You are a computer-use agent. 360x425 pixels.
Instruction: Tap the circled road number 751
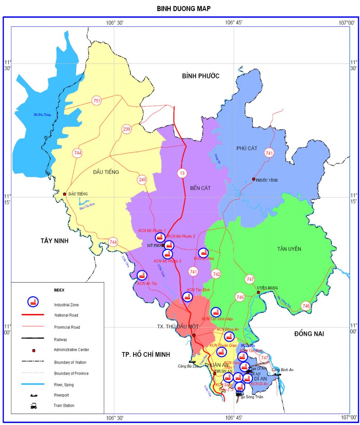[x=97, y=101]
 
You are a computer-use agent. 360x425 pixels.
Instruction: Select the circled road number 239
[x=127, y=129]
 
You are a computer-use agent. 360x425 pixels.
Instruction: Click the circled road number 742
[x=216, y=274]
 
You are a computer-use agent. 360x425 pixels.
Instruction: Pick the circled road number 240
[x=143, y=180]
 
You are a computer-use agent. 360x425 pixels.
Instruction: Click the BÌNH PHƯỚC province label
[x=201, y=76]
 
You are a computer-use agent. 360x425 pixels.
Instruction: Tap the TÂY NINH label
[x=55, y=241]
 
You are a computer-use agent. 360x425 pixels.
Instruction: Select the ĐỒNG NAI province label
[x=309, y=334]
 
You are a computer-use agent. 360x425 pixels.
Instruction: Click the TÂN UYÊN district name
[x=289, y=249]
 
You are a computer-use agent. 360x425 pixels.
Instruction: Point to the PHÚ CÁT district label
[x=247, y=148]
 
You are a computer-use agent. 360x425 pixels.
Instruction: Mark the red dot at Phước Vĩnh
[x=254, y=179]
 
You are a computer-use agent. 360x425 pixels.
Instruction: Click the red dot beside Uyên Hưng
[x=258, y=292]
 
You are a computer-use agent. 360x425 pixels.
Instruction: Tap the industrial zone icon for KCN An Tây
[x=141, y=276]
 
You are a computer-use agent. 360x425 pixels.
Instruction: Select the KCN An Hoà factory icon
[x=203, y=253]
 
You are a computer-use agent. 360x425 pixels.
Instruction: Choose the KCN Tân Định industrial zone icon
[x=188, y=297]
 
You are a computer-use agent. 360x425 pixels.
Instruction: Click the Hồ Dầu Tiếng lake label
[x=42, y=114]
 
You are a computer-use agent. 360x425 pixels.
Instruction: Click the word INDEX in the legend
[x=59, y=290]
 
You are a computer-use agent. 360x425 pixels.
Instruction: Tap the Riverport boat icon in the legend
[x=34, y=394]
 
